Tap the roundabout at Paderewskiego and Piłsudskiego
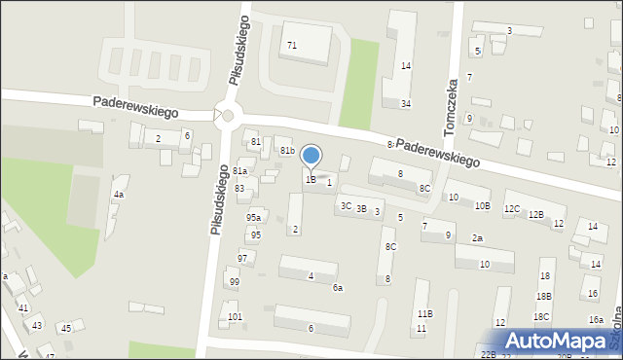(228, 116)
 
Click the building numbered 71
(292, 46)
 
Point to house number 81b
(287, 151)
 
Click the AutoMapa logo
(558, 342)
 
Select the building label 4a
(118, 195)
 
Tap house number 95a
(253, 218)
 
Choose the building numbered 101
(234, 317)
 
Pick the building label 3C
(346, 206)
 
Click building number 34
(406, 104)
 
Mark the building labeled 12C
(511, 209)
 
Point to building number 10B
(482, 206)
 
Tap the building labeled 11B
(424, 314)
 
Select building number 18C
(541, 317)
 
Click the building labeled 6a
(338, 288)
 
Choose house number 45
(66, 328)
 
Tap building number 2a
(477, 238)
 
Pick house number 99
(234, 282)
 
